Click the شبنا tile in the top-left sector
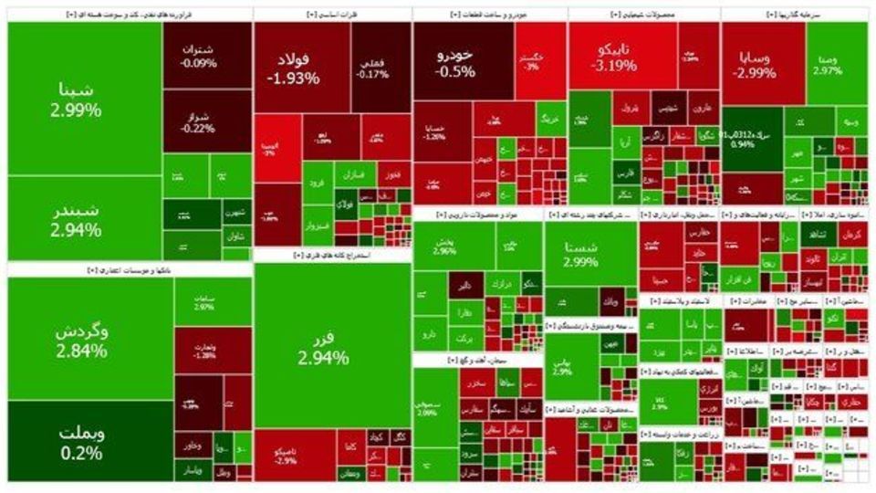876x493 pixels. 77,100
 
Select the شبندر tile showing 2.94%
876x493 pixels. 77,220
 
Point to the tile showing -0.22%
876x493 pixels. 199,122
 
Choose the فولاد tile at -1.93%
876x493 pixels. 293,68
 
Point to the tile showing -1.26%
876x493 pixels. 434,133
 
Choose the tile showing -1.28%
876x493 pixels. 203,351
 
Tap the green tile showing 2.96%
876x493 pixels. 444,246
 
